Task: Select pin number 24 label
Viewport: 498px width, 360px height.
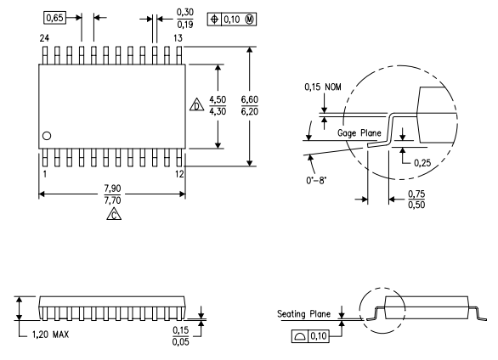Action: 43,38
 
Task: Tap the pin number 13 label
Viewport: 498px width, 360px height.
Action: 178,38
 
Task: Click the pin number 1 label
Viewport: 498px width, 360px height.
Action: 43,174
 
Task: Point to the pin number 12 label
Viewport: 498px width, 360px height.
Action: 178,174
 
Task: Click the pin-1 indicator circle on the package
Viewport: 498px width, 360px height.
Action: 48,136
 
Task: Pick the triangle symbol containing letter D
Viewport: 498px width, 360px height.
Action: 195,108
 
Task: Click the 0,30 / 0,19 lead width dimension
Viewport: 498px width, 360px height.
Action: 184,18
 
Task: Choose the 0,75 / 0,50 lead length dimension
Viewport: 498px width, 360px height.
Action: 416,200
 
